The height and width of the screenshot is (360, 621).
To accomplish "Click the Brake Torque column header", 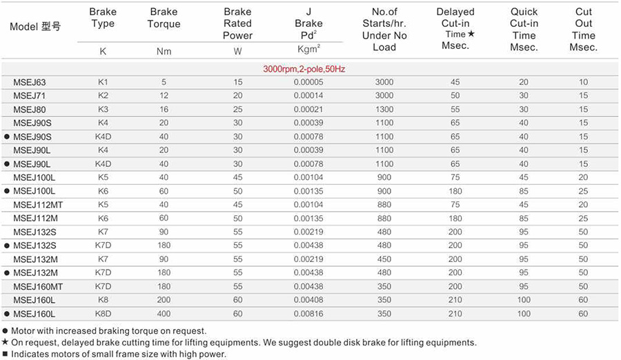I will [x=164, y=18].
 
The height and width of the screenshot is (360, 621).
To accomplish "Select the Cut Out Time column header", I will [x=584, y=30].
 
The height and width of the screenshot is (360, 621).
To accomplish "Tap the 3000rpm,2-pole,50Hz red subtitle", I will [x=304, y=70].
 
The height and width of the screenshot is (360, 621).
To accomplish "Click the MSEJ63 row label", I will [x=30, y=83].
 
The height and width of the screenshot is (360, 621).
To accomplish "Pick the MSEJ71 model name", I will [x=30, y=96].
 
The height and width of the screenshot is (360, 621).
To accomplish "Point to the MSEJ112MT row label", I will [x=37, y=205].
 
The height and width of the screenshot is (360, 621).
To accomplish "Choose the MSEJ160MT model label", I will [x=37, y=286].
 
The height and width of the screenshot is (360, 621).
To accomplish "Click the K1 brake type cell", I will [x=103, y=83].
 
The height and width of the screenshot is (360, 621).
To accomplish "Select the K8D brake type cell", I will [x=103, y=314].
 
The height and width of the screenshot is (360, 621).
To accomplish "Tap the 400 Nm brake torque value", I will [x=164, y=314].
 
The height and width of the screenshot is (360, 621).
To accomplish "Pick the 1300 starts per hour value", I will [x=384, y=110].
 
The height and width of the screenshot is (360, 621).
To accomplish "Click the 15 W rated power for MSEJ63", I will [x=238, y=83].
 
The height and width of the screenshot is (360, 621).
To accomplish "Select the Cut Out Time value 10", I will [x=584, y=83].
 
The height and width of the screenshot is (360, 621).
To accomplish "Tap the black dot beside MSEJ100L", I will [x=7, y=191].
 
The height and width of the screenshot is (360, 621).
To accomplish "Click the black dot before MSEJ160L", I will [x=7, y=314].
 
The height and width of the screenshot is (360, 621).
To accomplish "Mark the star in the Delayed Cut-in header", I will [x=471, y=34].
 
